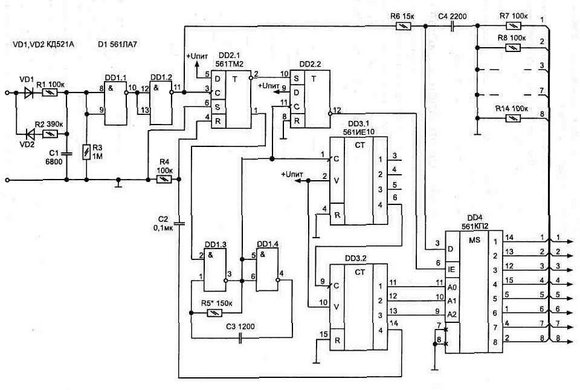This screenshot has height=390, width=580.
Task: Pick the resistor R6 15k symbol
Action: point(403,26)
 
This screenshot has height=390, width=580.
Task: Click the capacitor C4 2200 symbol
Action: point(453,26)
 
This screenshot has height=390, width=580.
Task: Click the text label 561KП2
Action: point(471,226)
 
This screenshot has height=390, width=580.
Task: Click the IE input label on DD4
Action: point(451,268)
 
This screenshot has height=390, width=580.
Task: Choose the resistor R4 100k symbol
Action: point(164,180)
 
